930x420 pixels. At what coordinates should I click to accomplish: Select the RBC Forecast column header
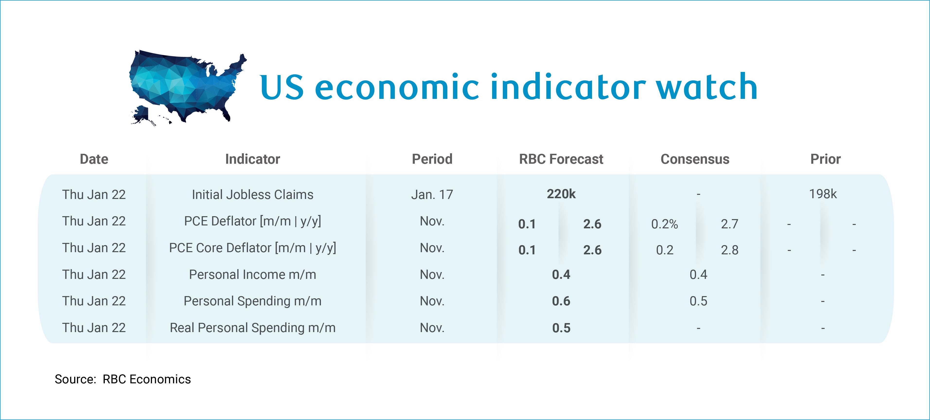[x=561, y=159]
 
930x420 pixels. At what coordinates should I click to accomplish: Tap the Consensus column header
[x=695, y=159]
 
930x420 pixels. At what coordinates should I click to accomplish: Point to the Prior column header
[x=825, y=159]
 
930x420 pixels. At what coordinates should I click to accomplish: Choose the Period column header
[x=432, y=159]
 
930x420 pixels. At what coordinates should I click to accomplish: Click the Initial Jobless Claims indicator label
[x=252, y=195]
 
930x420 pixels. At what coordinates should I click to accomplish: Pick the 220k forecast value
[x=561, y=194]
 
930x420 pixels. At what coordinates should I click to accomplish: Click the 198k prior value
[x=823, y=194]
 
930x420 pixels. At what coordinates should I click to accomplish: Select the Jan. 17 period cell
[x=432, y=195]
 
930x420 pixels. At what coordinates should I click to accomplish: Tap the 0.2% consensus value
[x=664, y=224]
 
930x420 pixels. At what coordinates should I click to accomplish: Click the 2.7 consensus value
[x=730, y=224]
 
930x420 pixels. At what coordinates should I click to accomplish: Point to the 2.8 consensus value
[x=730, y=250]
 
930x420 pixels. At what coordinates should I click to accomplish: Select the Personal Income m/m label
[x=252, y=274]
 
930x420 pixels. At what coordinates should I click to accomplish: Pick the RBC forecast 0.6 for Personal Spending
[x=561, y=301]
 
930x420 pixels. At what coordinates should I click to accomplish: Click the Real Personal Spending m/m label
[x=252, y=328]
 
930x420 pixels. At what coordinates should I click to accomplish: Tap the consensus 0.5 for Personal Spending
[x=698, y=301]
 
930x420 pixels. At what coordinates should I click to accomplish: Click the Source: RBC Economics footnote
[x=123, y=379]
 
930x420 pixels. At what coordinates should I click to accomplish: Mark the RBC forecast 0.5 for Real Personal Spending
[x=561, y=328]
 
